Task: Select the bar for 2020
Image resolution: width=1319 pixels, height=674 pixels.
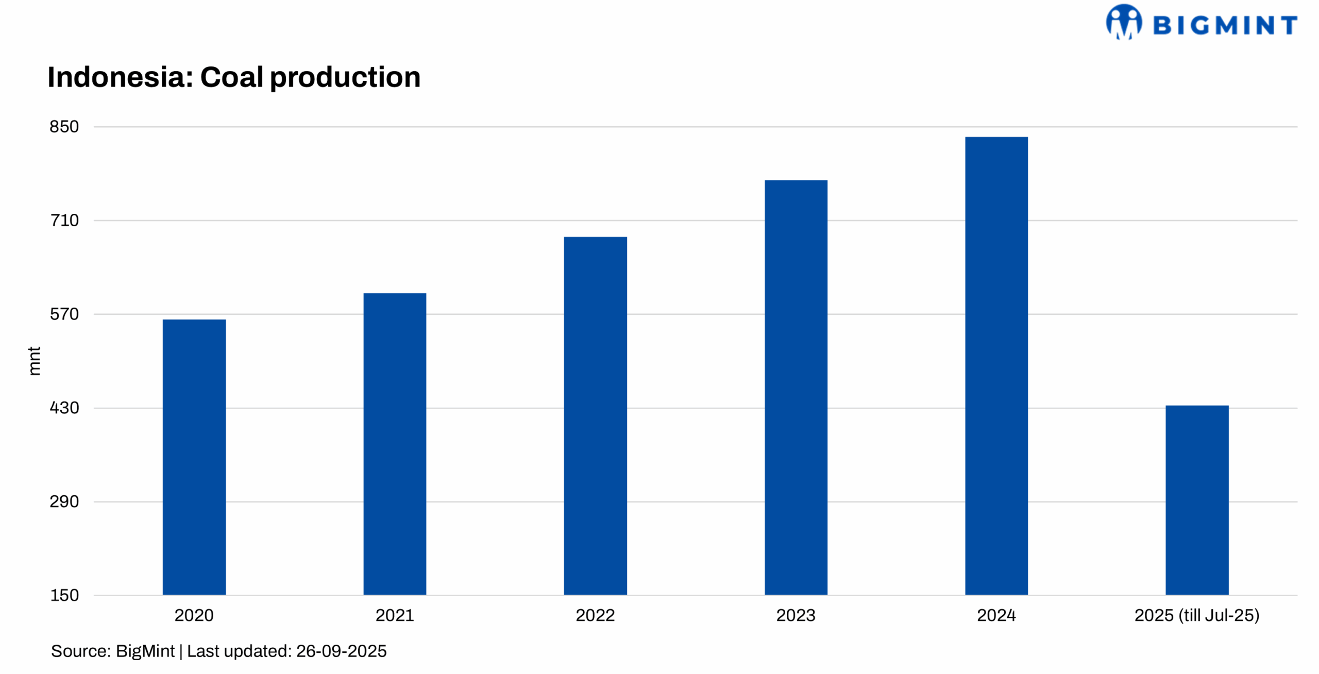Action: click(194, 457)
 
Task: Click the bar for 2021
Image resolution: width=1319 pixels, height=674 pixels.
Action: click(395, 444)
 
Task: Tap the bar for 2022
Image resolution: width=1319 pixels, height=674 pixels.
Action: click(595, 416)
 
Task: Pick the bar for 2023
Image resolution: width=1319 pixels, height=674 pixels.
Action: click(796, 387)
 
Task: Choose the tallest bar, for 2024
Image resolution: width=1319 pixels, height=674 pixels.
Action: click(996, 366)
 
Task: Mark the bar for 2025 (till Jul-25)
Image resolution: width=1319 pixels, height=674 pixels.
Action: click(1197, 500)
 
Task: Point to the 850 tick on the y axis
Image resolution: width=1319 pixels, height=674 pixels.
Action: click(64, 127)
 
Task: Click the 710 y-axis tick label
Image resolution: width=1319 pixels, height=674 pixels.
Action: click(64, 221)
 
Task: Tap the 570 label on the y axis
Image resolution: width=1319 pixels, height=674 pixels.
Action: click(64, 314)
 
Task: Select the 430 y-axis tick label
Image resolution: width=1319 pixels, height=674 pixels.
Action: click(64, 408)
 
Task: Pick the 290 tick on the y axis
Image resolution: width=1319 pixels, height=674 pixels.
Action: click(64, 502)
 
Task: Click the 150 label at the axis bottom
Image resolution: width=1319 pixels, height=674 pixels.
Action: click(64, 596)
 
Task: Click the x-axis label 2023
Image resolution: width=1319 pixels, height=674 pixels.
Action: click(796, 615)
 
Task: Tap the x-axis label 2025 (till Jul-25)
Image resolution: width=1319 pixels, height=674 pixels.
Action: click(1197, 615)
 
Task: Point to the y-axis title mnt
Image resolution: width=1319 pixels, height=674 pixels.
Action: click(34, 361)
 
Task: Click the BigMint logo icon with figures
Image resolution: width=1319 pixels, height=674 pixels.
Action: click(1124, 22)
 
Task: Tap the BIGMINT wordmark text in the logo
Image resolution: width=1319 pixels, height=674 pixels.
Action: click(1225, 25)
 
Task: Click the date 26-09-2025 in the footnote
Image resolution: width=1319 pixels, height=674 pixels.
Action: click(341, 651)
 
